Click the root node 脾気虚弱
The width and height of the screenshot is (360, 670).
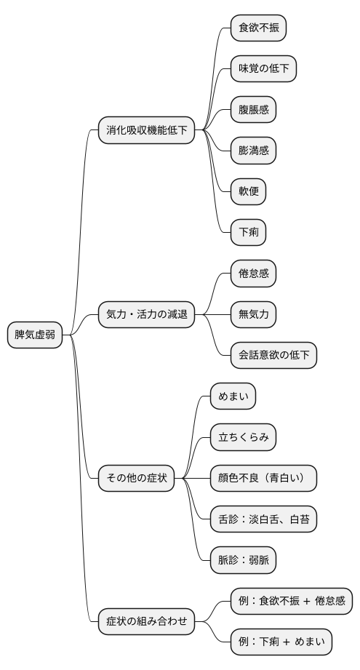click(x=35, y=335)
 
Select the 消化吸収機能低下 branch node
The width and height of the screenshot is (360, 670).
click(x=147, y=131)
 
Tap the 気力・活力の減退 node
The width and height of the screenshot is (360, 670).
click(x=147, y=315)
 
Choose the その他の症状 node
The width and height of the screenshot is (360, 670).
click(x=137, y=478)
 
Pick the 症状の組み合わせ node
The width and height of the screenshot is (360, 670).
click(x=147, y=621)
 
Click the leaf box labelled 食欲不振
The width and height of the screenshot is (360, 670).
click(x=258, y=28)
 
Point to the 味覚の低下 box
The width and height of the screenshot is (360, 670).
click(x=263, y=69)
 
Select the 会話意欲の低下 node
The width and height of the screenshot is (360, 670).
click(x=273, y=356)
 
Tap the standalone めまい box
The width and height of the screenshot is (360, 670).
click(x=233, y=396)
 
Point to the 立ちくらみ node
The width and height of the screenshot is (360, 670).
click(x=243, y=438)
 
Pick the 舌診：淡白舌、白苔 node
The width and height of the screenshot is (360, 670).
click(x=263, y=519)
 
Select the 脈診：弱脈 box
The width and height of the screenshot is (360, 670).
click(x=243, y=560)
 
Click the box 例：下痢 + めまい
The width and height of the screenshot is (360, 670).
click(x=281, y=642)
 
